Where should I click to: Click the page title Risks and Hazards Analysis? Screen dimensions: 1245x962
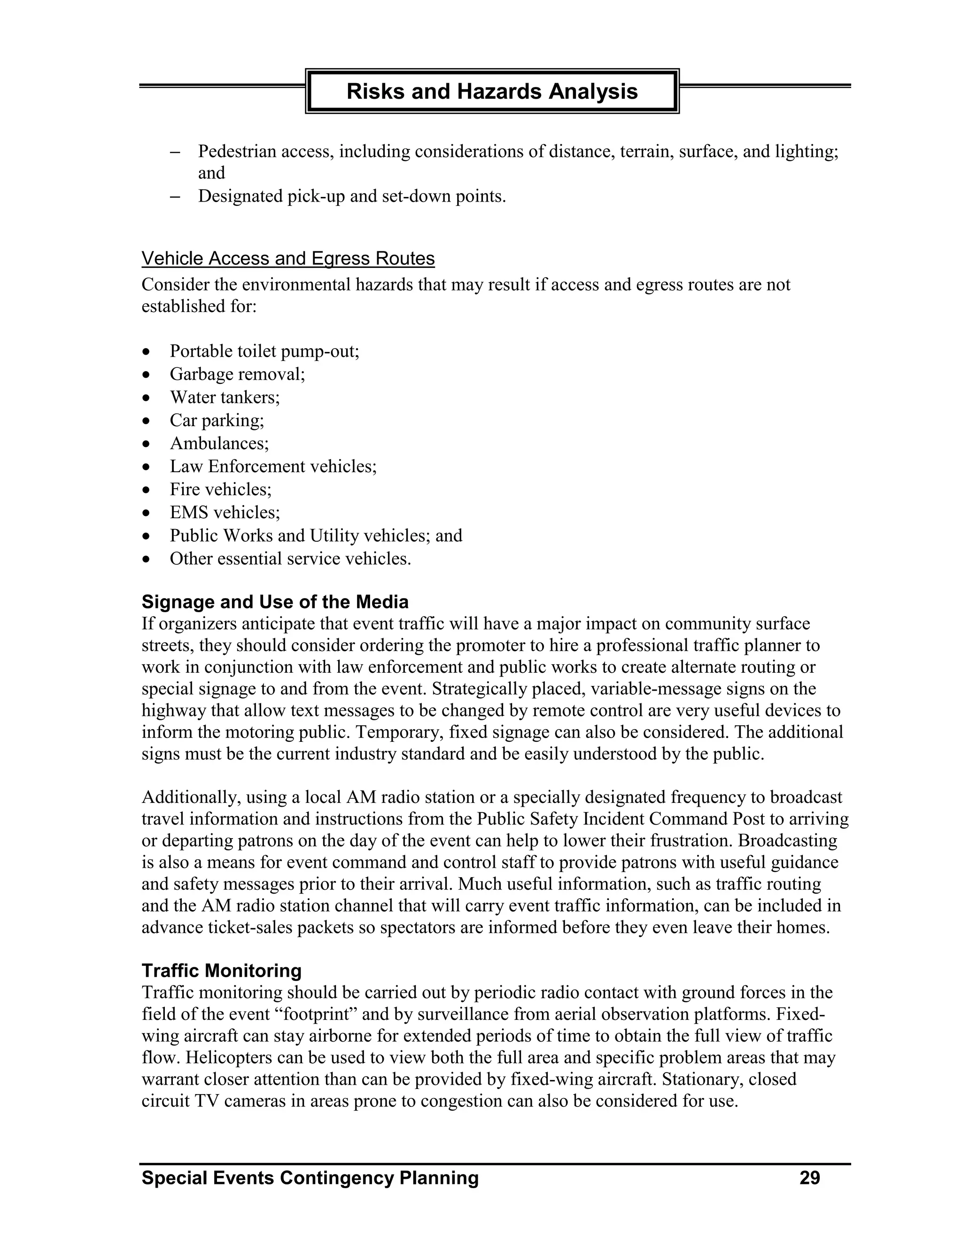point(492,91)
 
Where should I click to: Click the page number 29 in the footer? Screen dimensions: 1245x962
point(809,1178)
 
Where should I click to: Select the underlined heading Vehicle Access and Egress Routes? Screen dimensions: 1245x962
point(288,259)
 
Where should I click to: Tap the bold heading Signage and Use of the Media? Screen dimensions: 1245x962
point(275,602)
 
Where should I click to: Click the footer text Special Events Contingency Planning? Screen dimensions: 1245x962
point(310,1178)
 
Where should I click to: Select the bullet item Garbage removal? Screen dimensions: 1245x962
point(237,374)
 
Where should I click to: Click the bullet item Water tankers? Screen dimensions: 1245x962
point(225,397)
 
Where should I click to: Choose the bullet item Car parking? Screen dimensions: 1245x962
point(217,420)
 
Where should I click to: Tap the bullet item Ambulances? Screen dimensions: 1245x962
point(219,444)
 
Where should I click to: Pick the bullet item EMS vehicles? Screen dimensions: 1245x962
point(225,513)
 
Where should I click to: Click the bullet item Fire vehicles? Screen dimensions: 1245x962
point(221,490)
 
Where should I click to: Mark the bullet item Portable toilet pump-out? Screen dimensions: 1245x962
point(264,351)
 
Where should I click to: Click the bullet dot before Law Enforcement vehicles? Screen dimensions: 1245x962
point(147,467)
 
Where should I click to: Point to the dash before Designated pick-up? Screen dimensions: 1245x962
point(175,197)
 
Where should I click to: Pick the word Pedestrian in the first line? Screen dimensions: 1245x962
point(237,152)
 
